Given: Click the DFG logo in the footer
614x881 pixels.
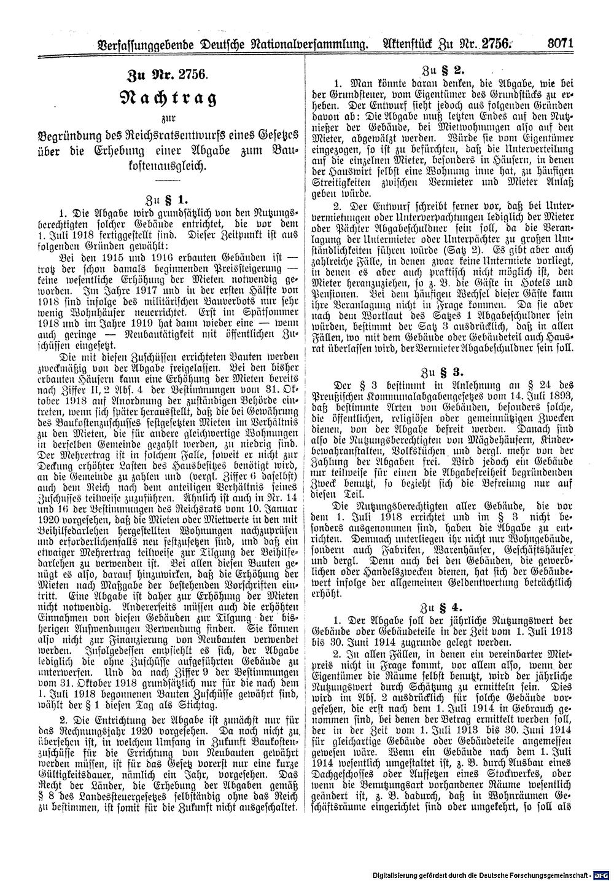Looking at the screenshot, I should (x=604, y=872).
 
